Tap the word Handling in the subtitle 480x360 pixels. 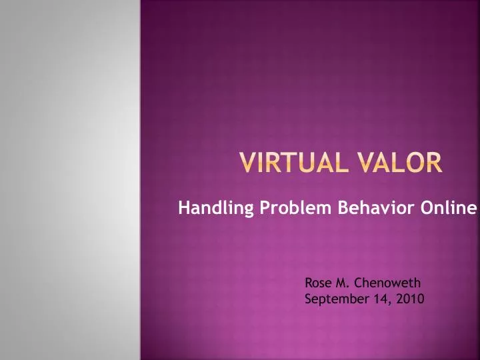click(207, 209)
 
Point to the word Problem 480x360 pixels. click(285, 209)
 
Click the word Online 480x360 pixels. click(449, 209)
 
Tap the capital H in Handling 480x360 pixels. click(183, 209)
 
